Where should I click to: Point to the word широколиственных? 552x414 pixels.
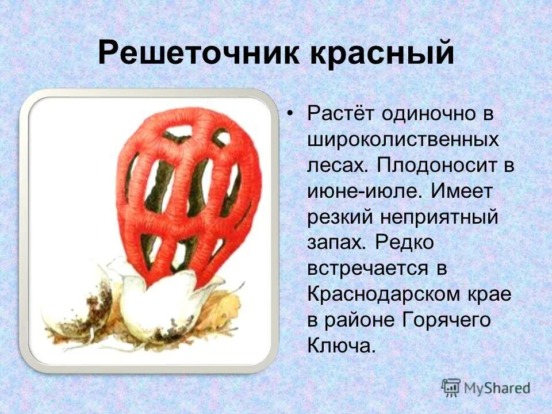[x=403, y=140]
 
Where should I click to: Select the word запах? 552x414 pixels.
[x=335, y=243]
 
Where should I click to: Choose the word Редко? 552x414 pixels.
[x=405, y=243]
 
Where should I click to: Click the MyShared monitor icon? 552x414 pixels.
[x=451, y=387]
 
